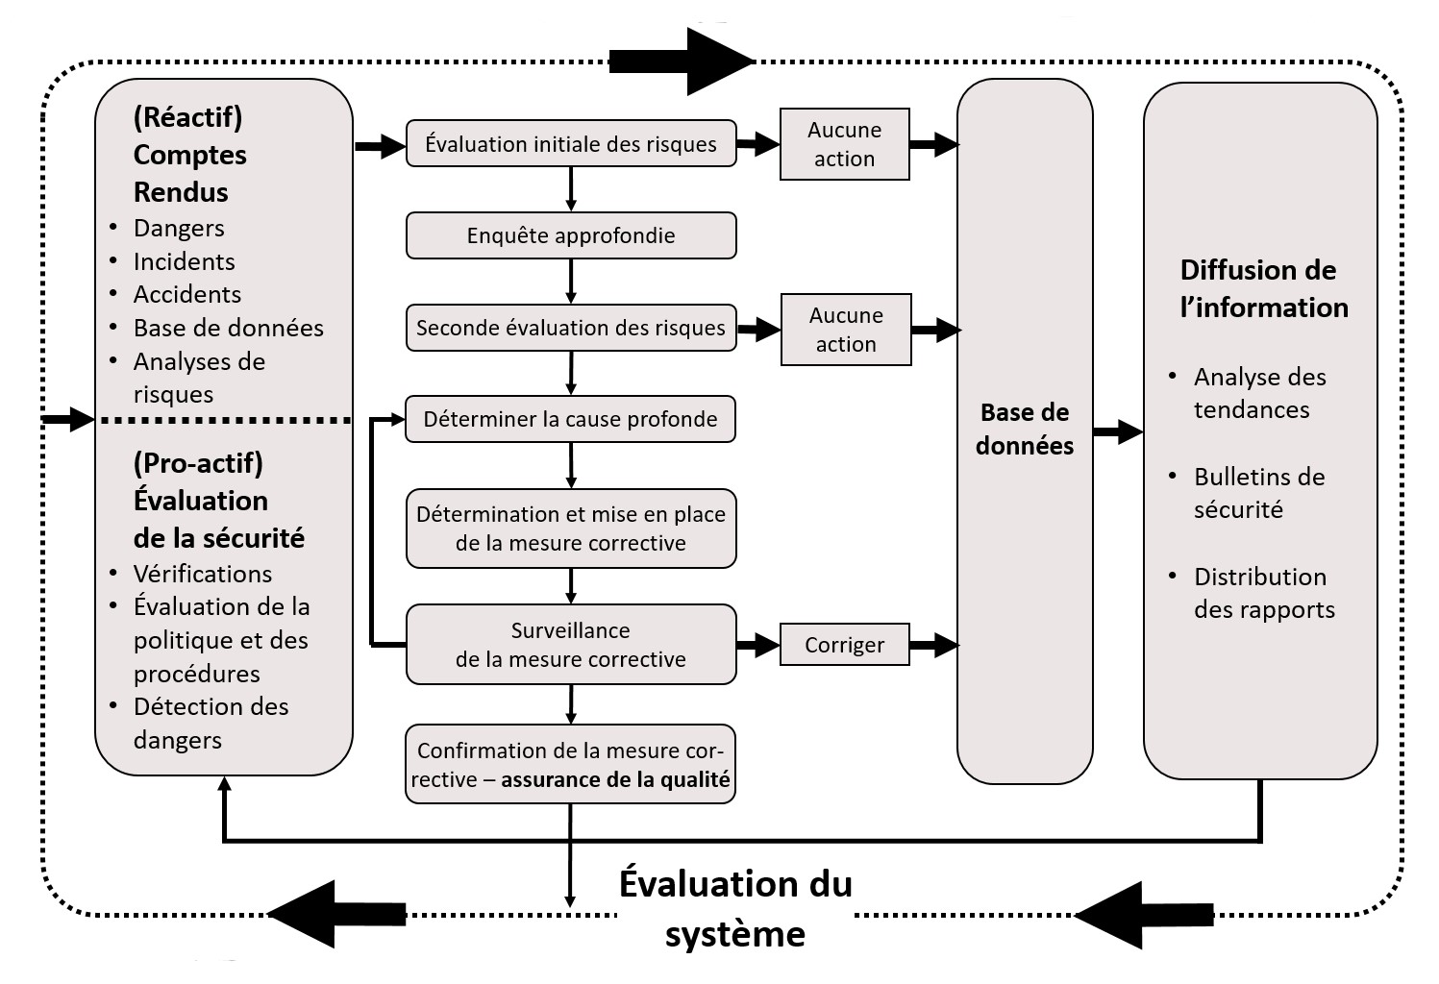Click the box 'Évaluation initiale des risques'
pyautogui.click(x=571, y=144)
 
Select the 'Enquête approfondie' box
pyautogui.click(x=571, y=235)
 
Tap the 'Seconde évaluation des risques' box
pyautogui.click(x=571, y=328)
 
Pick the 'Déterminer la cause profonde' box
pyautogui.click(x=571, y=419)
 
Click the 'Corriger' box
pyautogui.click(x=844, y=645)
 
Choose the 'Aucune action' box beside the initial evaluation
pyautogui.click(x=844, y=144)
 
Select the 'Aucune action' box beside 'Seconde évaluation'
pyautogui.click(x=846, y=330)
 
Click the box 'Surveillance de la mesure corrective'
pyautogui.click(x=571, y=645)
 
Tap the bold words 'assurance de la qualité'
pyautogui.click(x=615, y=779)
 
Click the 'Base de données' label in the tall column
pyautogui.click(x=1025, y=429)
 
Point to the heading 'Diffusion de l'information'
pyautogui.click(x=1259, y=288)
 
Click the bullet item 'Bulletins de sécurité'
pyautogui.click(x=1258, y=493)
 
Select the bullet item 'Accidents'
pyautogui.click(x=187, y=294)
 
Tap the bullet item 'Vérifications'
pyautogui.click(x=203, y=574)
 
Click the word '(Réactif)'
pyautogui.click(x=187, y=117)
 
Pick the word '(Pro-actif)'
pyautogui.click(x=198, y=463)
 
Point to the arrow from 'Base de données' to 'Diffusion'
pyautogui.click(x=1118, y=431)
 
